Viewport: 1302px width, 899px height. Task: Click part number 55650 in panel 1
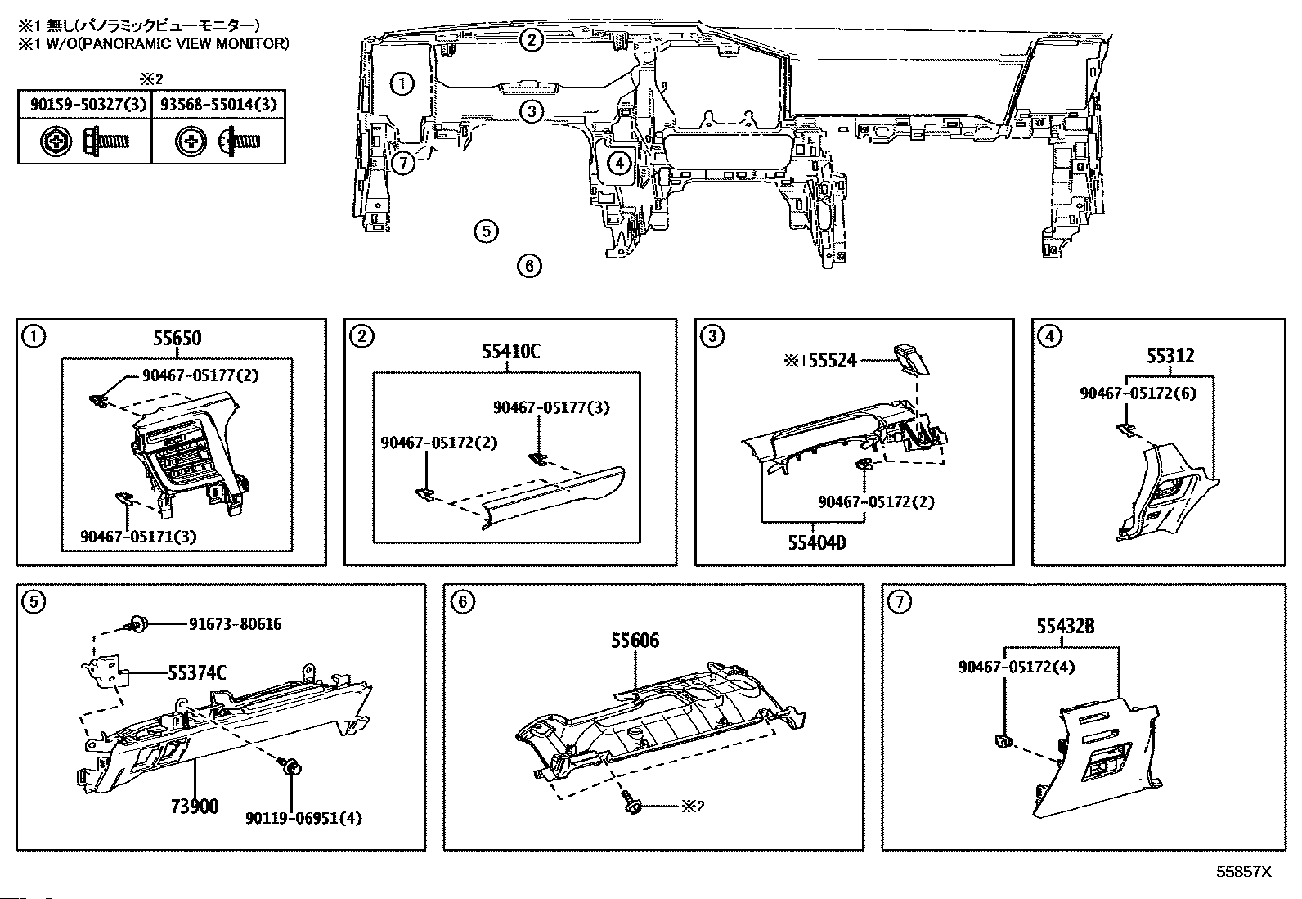point(175,338)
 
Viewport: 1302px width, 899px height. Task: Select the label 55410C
point(511,352)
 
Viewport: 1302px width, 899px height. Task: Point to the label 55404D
point(816,542)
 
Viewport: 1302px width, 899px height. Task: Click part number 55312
point(1170,356)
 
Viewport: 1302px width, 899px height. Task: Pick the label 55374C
point(197,673)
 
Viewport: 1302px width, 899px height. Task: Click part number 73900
point(195,806)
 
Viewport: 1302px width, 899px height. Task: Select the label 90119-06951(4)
point(303,817)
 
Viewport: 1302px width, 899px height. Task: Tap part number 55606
point(635,641)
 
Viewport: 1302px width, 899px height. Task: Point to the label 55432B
point(1066,627)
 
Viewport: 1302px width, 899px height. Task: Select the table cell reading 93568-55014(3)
point(218,104)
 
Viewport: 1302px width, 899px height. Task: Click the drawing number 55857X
point(1243,872)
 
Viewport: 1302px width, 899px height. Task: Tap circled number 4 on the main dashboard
point(620,164)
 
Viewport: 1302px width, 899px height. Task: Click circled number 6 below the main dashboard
point(530,265)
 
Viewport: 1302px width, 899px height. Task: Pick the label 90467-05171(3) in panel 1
point(138,536)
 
